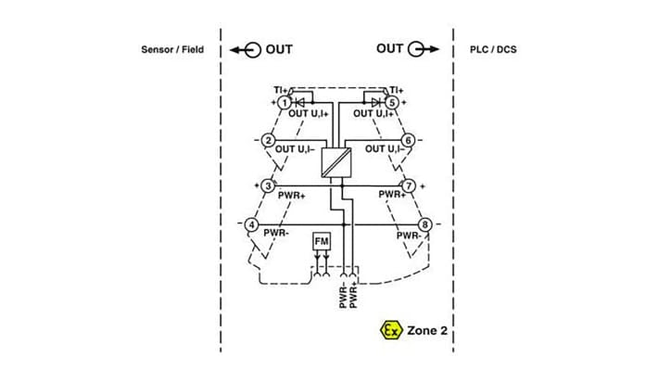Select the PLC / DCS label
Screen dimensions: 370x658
click(x=493, y=49)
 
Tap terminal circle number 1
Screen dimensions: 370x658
click(x=285, y=102)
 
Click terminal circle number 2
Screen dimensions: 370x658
click(x=269, y=141)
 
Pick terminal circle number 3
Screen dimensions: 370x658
click(x=268, y=185)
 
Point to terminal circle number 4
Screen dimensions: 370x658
click(x=251, y=224)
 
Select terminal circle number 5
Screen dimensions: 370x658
click(x=392, y=102)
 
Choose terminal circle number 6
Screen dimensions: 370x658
click(x=408, y=141)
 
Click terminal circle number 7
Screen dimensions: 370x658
click(x=409, y=185)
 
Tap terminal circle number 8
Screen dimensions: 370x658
click(x=425, y=224)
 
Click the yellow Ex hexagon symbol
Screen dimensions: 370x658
click(x=391, y=329)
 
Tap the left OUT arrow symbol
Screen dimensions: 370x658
click(x=244, y=49)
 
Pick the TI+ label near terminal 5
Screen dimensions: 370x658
click(x=396, y=89)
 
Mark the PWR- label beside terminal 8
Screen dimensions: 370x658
click(x=409, y=236)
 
